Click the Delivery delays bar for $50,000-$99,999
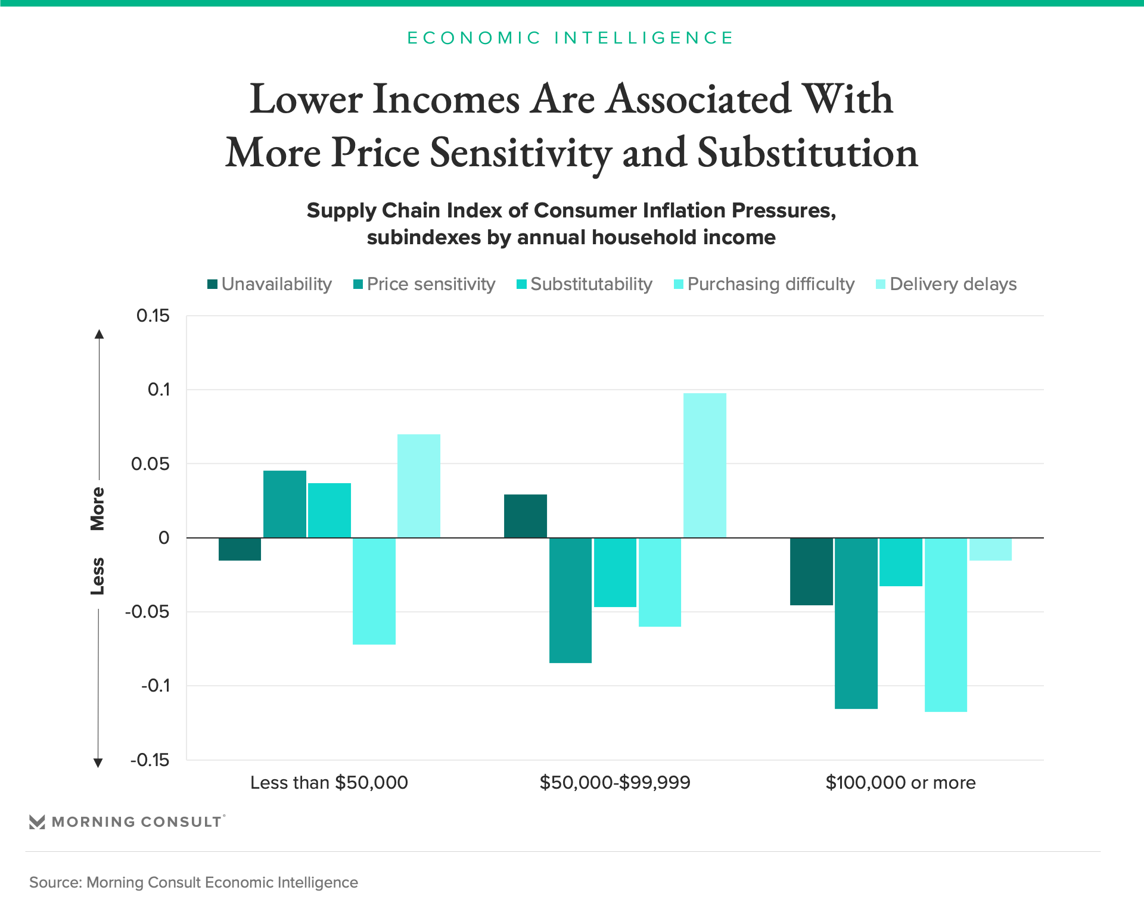click(x=705, y=465)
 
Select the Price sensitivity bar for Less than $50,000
click(x=285, y=504)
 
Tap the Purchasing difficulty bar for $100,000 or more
click(x=946, y=624)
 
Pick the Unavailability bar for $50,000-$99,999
click(x=526, y=516)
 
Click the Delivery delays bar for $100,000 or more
click(x=990, y=549)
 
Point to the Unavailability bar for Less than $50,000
click(x=240, y=549)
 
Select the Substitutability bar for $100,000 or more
click(x=901, y=562)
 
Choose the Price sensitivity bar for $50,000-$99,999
click(x=570, y=600)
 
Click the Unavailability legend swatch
click(x=212, y=284)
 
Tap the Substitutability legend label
click(x=591, y=284)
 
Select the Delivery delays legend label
click(x=953, y=284)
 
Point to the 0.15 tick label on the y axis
click(x=153, y=316)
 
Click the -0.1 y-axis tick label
click(x=155, y=686)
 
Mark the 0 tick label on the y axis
click(x=164, y=538)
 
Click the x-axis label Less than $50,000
click(x=329, y=782)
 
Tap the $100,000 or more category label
click(x=900, y=782)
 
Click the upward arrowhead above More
click(x=100, y=334)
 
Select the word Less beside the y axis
click(x=98, y=576)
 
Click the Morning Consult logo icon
click(x=37, y=822)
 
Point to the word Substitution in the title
click(x=807, y=152)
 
